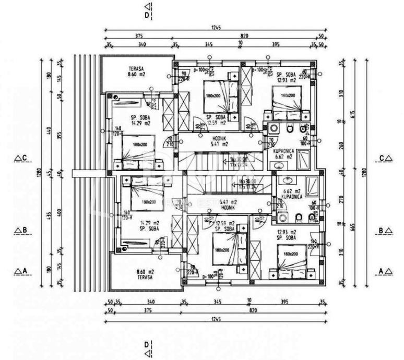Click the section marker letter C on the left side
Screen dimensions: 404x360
pos(25,157)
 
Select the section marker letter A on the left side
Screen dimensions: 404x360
pos(25,270)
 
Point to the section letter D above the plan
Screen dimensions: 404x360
pos(147,15)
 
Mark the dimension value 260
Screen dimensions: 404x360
pos(341,146)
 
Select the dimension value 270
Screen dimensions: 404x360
pos(341,199)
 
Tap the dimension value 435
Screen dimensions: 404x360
pos(48,214)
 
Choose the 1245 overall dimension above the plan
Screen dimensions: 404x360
pos(216,26)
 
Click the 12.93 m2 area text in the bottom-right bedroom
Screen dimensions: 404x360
pos(288,232)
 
